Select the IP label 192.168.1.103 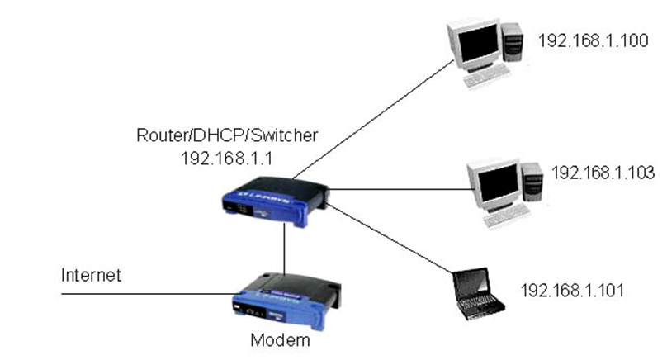[x=603, y=173]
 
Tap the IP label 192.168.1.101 [x=571, y=291]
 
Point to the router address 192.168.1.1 [x=216, y=157]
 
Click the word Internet [x=91, y=275]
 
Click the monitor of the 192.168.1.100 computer [x=475, y=45]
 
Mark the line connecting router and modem [x=285, y=248]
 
